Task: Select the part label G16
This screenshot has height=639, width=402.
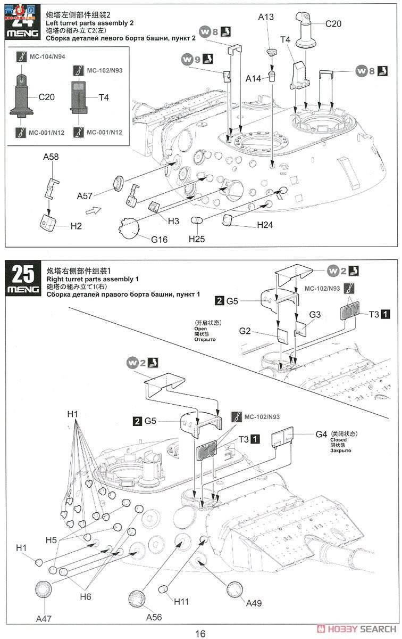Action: tap(159, 240)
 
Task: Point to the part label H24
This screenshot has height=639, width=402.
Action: tap(265, 225)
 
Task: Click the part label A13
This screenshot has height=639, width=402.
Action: tap(266, 17)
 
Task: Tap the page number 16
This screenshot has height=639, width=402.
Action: tap(200, 633)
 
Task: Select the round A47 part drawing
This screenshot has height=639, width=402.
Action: tap(44, 591)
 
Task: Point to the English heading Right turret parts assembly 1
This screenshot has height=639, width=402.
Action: tap(93, 280)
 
